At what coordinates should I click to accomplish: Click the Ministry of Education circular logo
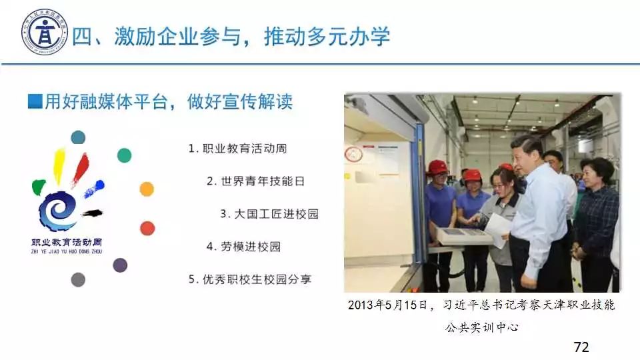click(x=45, y=32)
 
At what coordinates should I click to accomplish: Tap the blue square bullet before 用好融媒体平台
click(x=35, y=101)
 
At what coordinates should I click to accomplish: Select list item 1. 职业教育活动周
click(x=237, y=149)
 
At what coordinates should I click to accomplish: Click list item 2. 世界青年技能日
click(x=256, y=181)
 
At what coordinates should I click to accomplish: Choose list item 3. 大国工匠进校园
click(x=269, y=214)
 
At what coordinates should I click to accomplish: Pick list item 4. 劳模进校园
click(x=244, y=247)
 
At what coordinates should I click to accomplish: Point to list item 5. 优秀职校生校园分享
click(x=250, y=279)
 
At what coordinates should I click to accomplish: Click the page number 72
click(x=581, y=347)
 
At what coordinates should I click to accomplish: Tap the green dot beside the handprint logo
click(x=125, y=155)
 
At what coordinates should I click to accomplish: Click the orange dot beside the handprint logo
click(x=147, y=189)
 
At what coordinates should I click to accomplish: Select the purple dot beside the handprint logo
click(x=120, y=265)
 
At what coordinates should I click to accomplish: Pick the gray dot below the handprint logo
click(x=78, y=280)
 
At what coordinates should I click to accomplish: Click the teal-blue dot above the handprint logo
click(x=78, y=137)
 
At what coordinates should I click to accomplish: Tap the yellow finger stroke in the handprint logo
click(x=59, y=165)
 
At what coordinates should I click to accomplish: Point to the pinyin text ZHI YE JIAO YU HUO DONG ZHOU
click(x=67, y=252)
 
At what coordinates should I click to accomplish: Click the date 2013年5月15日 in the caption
click(x=387, y=305)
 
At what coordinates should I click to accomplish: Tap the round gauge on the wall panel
click(x=353, y=154)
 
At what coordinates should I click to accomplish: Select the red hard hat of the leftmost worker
click(x=437, y=167)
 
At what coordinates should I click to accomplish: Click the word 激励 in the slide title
click(x=135, y=36)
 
